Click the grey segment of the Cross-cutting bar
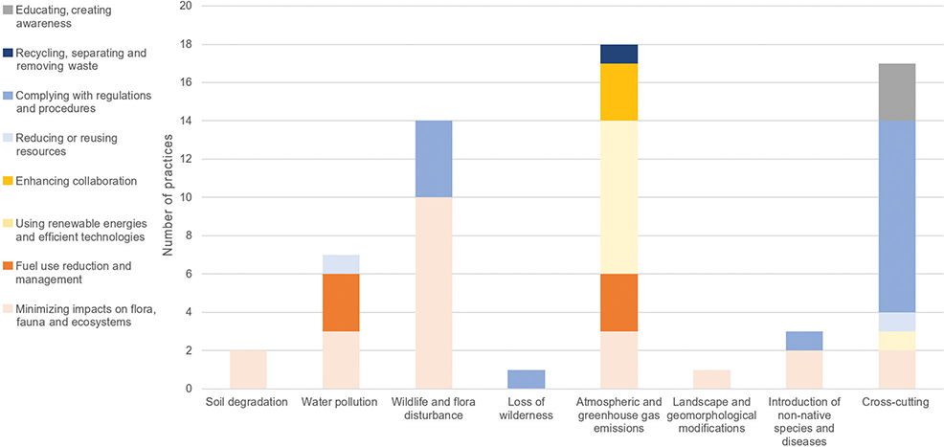pos(897,92)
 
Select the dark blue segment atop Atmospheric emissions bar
pos(618,54)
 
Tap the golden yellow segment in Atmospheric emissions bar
pos(618,92)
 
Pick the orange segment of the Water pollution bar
pos(340,302)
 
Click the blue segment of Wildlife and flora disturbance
pos(433,159)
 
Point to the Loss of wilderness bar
pos(526,379)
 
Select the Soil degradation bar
pos(247,369)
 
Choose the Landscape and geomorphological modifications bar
pos(711,379)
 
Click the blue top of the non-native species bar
pos(804,341)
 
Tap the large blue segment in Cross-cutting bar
pos(897,216)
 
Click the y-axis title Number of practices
pos(169,198)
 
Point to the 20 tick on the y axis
pos(185,6)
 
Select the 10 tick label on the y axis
pos(185,197)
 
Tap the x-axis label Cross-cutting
pos(897,402)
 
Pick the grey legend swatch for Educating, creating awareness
pos(8,10)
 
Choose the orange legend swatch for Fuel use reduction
pos(8,265)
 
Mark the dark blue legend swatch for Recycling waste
pos(8,53)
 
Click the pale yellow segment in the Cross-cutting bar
pos(897,341)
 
